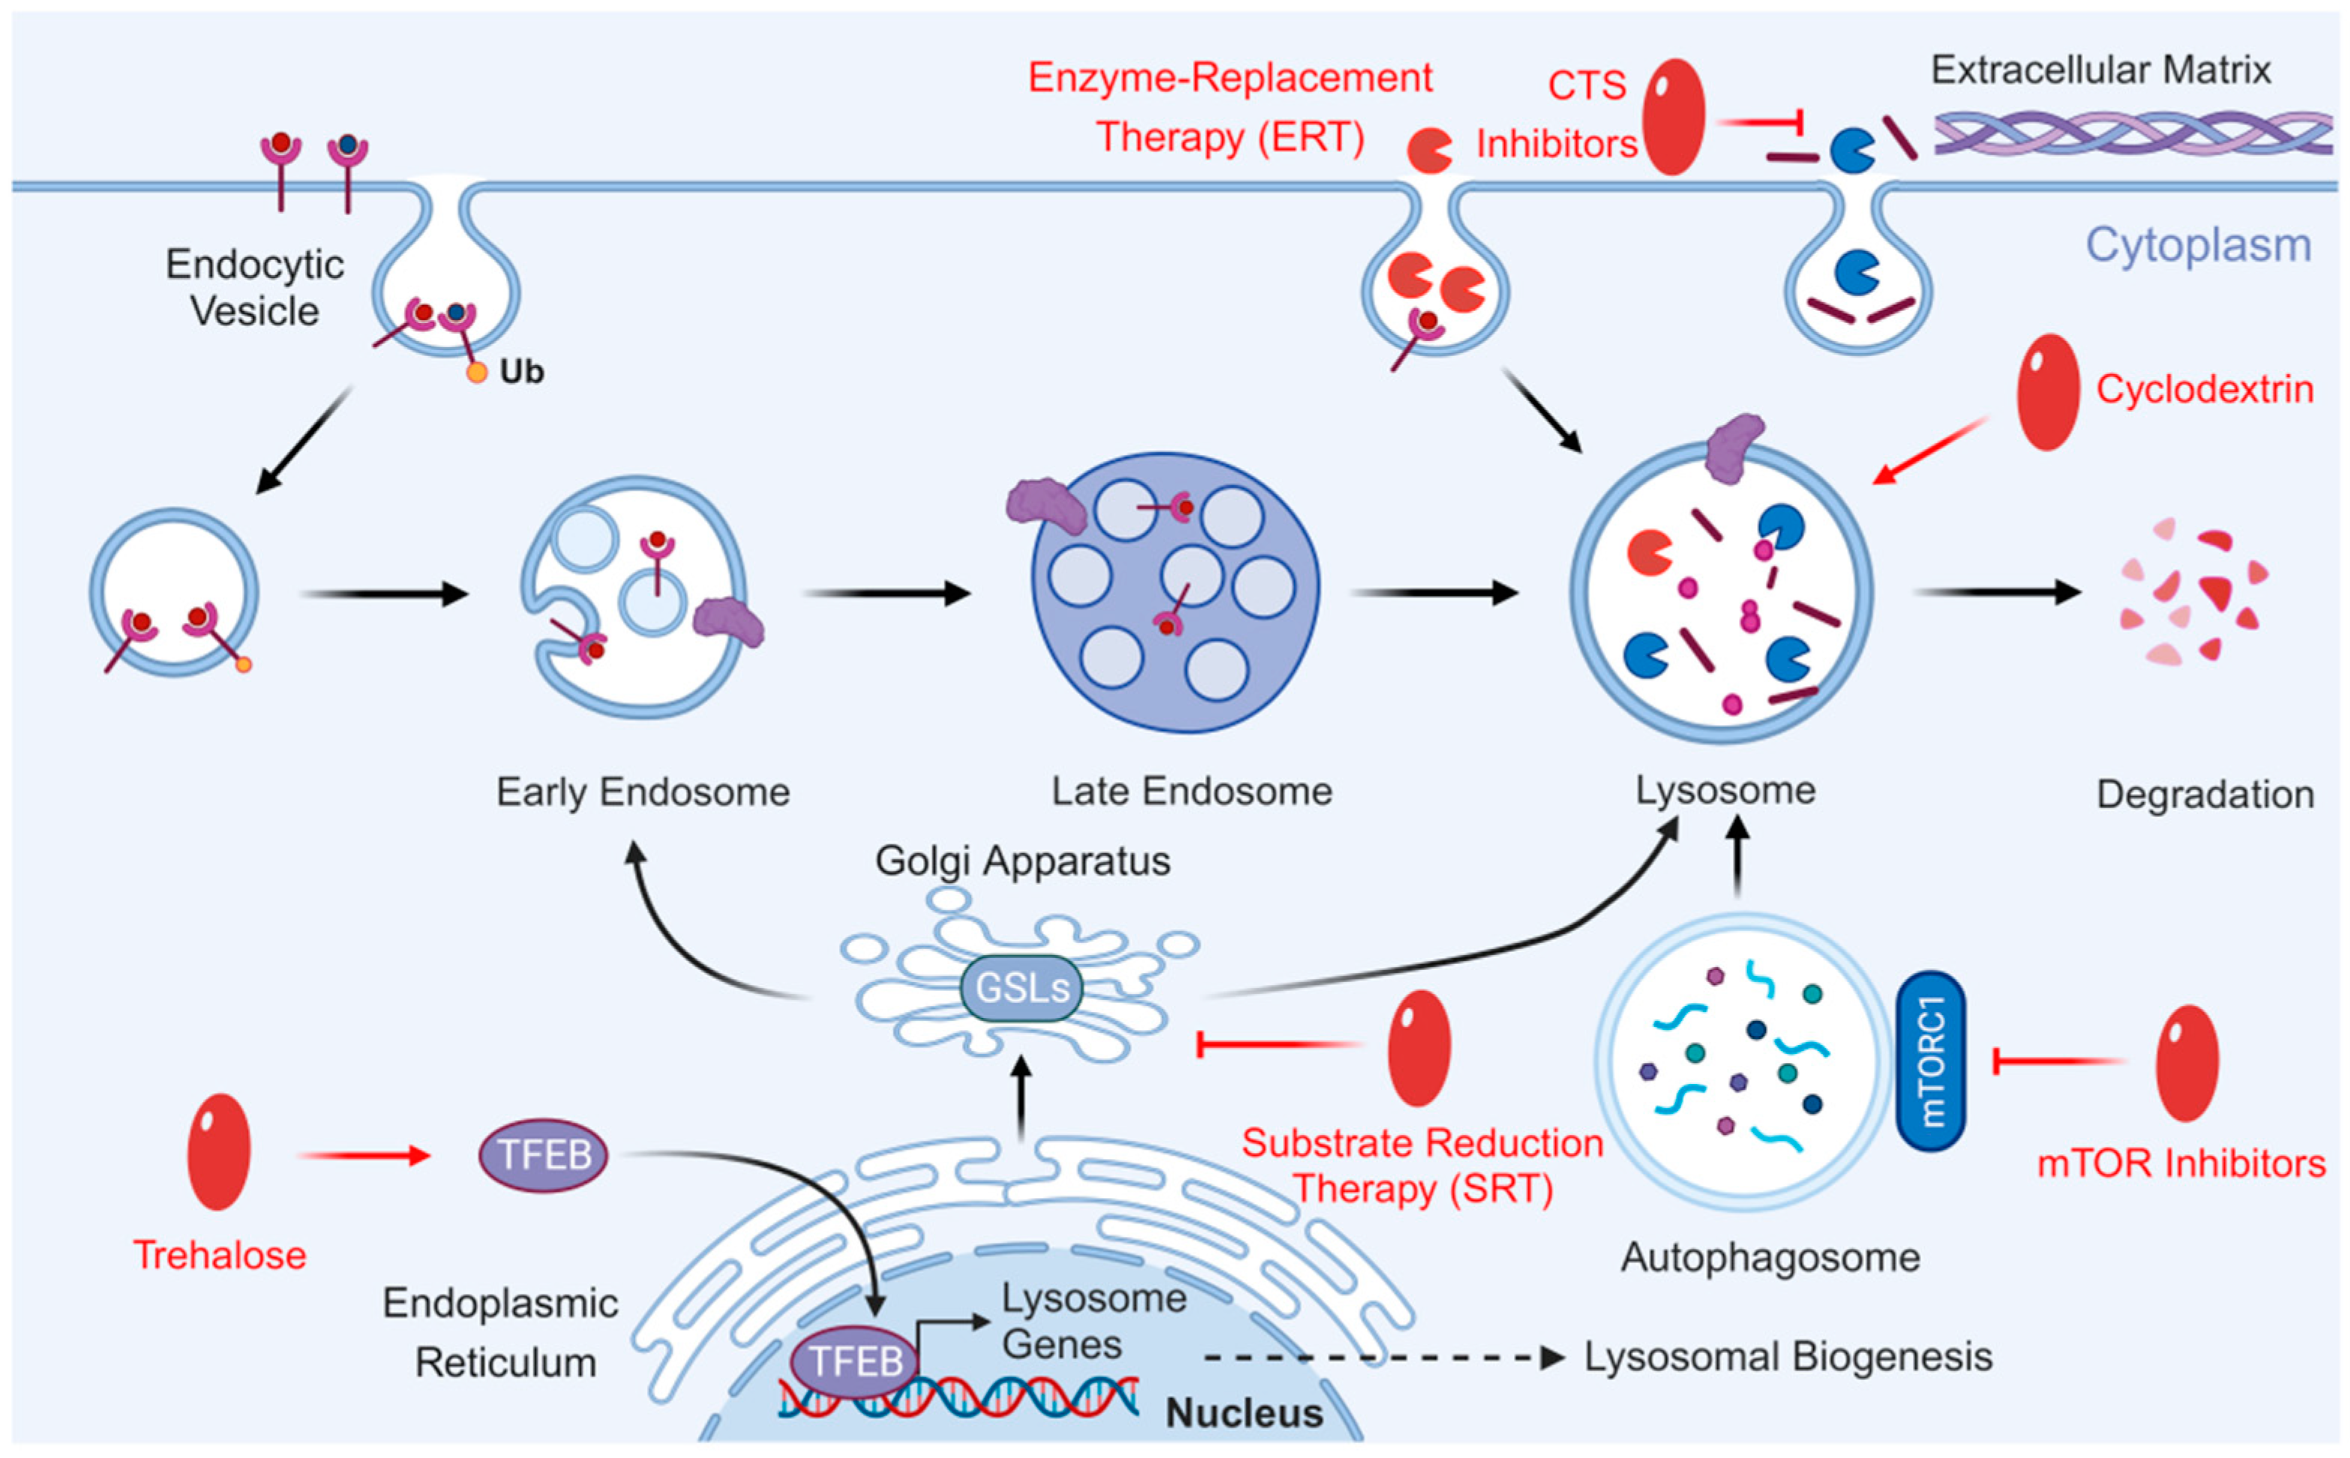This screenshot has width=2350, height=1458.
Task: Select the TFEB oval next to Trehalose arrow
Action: pyautogui.click(x=543, y=1155)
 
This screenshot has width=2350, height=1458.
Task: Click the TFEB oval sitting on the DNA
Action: pyautogui.click(x=853, y=1361)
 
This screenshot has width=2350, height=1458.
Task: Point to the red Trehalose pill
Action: pyautogui.click(x=219, y=1151)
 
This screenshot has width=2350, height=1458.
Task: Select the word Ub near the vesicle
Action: pyautogui.click(x=522, y=373)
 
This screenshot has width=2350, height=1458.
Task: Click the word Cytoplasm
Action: pyautogui.click(x=2198, y=245)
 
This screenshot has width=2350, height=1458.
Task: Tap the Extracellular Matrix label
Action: pyautogui.click(x=2100, y=70)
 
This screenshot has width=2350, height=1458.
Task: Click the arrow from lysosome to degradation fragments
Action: pyautogui.click(x=1996, y=592)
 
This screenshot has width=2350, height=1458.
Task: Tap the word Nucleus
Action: pyautogui.click(x=1244, y=1414)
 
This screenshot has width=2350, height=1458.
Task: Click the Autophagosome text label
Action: pyautogui.click(x=1770, y=1257)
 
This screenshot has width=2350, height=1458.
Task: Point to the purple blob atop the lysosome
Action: pyautogui.click(x=1733, y=448)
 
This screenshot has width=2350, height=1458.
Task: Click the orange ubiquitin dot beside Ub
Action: pyautogui.click(x=476, y=373)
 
